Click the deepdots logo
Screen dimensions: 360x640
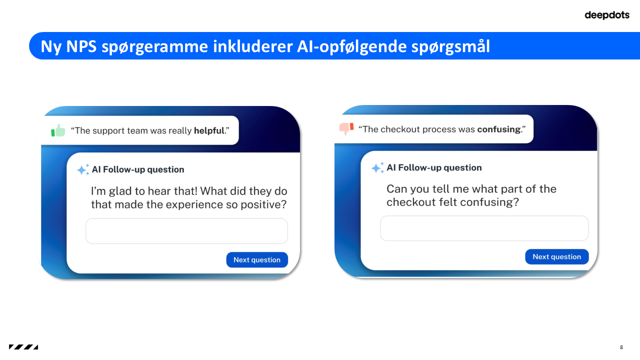(x=606, y=15)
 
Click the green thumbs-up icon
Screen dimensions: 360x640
(x=58, y=130)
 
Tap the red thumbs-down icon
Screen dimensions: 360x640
(x=346, y=128)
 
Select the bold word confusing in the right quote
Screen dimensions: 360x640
(x=498, y=129)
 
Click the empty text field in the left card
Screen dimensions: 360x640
(x=186, y=231)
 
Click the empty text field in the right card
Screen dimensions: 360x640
(x=484, y=228)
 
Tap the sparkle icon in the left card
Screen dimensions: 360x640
(x=83, y=170)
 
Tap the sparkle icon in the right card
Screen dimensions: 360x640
(x=377, y=168)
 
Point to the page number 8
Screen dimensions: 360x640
(x=621, y=347)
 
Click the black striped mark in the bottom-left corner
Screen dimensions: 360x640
(x=23, y=347)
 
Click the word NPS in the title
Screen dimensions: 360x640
(x=82, y=46)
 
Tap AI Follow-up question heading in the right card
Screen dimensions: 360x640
(x=434, y=168)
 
